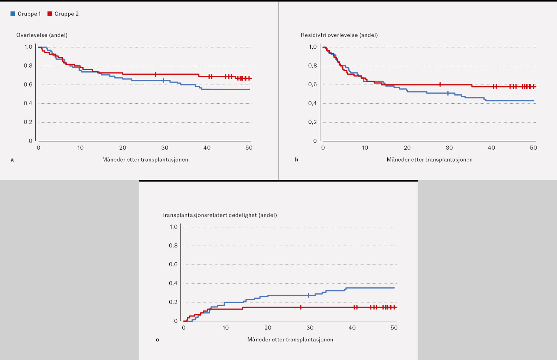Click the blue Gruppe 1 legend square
tap(13, 14)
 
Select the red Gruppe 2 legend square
tap(50, 14)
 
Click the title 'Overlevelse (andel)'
tap(42, 35)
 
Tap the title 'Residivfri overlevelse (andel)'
tap(339, 35)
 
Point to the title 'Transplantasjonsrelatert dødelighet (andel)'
tap(219, 215)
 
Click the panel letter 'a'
tap(12, 160)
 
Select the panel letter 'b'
tap(297, 160)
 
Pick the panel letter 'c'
tap(157, 340)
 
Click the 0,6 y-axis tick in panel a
tap(28, 85)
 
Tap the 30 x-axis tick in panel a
tap(165, 148)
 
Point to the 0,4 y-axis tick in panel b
tap(313, 103)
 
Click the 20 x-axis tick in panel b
tap(407, 148)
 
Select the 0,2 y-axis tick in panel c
tap(173, 302)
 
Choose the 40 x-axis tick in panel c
tap(352, 328)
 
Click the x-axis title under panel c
tap(290, 340)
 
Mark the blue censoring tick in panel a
tap(163, 80)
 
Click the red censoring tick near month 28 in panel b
tap(440, 84)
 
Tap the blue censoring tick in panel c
tap(309, 295)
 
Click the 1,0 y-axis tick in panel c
tap(173, 227)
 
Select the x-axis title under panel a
tap(145, 160)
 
